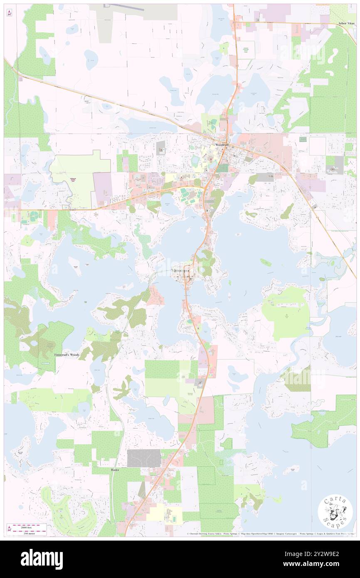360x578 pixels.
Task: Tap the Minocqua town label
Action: pos(180,270)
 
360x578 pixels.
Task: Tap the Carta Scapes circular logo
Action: pos(335,512)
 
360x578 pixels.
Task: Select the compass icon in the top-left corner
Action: pos(9,13)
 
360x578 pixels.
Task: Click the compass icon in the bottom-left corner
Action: pos(9,529)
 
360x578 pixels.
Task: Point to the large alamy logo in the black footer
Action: pos(42,559)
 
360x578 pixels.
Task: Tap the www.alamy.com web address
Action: pos(318,564)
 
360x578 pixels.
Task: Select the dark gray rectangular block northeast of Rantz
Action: pos(144,458)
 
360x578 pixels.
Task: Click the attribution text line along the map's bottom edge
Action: pos(270,534)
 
